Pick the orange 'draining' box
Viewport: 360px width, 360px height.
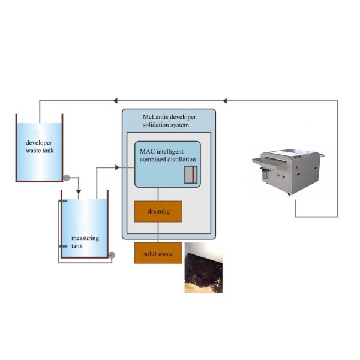[x=158, y=211]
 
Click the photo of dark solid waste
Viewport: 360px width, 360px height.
[x=203, y=268]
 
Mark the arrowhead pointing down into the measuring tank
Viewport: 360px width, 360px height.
[x=78, y=193]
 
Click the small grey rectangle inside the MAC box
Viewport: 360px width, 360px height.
[x=190, y=175]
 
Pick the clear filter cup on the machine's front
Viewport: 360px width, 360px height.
[x=262, y=174]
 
